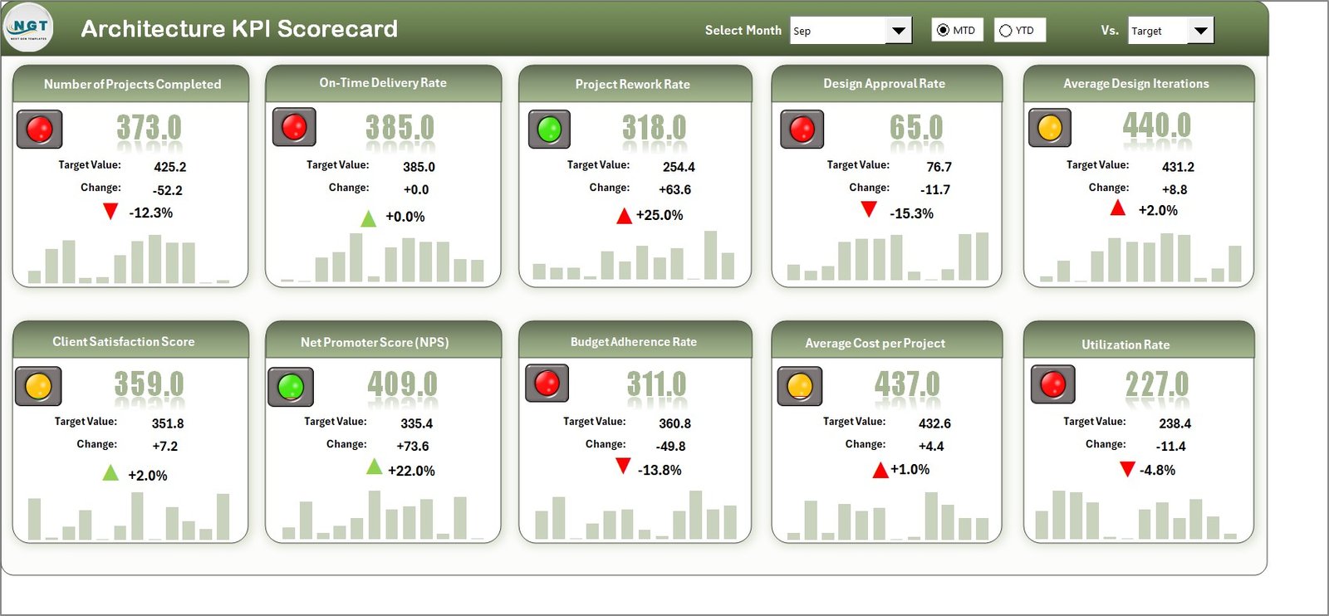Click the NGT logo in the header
coord(29,27)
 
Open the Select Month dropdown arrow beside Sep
coord(898,31)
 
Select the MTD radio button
coord(943,31)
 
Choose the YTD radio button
coord(1006,31)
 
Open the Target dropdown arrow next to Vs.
coord(1200,31)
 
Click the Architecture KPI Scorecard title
coord(239,29)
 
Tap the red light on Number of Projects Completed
coord(39,130)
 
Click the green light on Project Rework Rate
coord(549,130)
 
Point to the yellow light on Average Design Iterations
coord(1050,128)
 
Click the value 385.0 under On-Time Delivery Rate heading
coord(400,128)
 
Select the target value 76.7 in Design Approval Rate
coord(939,167)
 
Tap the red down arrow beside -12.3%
coord(110,212)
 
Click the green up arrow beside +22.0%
coord(375,467)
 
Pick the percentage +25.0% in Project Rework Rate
coord(660,215)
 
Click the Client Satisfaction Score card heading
coord(124,341)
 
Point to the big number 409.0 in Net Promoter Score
coord(402,384)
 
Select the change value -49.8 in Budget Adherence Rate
coord(670,446)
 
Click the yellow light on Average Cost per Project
coord(799,386)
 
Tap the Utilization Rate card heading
coord(1125,345)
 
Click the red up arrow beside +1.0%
coord(880,471)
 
